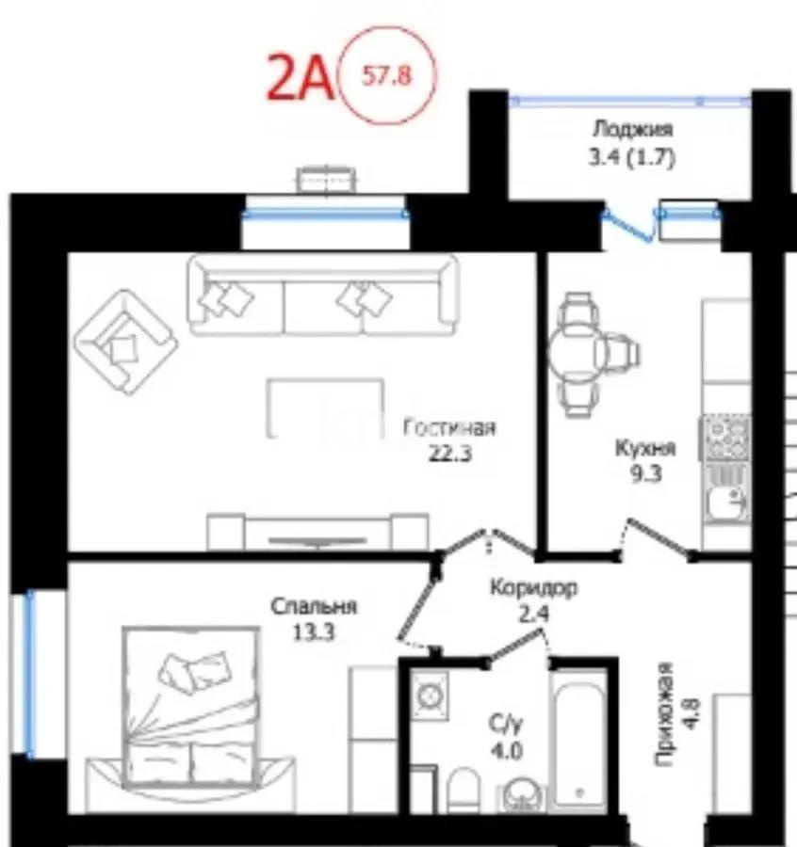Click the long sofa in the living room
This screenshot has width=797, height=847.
tap(322, 296)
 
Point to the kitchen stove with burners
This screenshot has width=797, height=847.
tap(724, 438)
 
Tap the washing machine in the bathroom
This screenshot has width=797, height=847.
tap(431, 697)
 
